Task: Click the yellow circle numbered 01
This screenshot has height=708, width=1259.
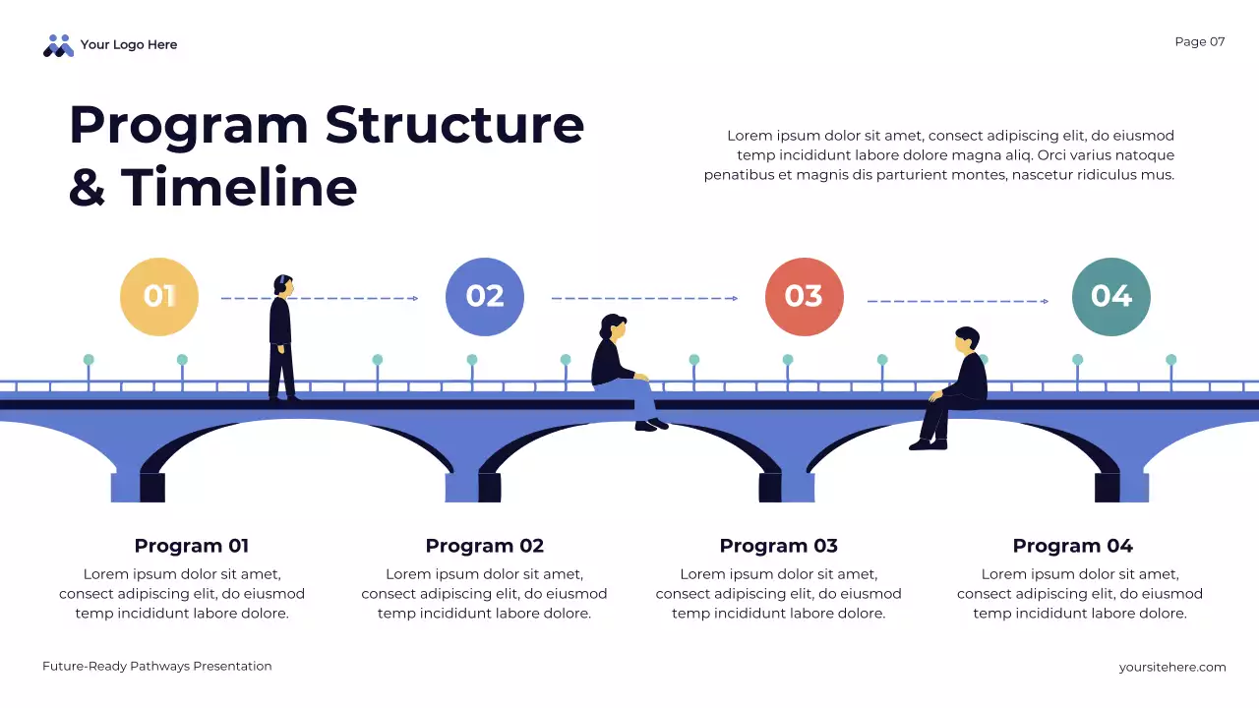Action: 159,297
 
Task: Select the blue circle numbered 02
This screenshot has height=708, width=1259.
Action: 485,297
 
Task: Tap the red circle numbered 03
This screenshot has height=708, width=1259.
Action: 805,297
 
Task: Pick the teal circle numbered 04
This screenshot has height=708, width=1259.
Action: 1111,297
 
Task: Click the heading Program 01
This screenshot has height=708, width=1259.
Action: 192,546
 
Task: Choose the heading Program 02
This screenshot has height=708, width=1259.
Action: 484,546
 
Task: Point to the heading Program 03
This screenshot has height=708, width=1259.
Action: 778,546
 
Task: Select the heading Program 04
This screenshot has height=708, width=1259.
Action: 1072,546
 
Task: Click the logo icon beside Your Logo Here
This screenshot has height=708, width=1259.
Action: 59,45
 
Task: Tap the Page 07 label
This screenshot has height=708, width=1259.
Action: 1200,41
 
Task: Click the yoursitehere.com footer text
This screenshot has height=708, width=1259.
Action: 1172,667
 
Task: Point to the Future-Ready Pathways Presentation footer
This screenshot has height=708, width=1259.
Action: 157,666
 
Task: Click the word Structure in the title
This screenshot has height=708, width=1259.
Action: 454,125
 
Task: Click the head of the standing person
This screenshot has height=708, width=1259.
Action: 283,285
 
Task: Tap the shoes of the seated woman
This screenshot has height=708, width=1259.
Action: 651,425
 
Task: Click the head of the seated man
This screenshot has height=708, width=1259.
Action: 966,340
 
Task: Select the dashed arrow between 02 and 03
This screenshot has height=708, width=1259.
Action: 644,298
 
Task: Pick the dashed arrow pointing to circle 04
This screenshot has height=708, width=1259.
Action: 957,301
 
